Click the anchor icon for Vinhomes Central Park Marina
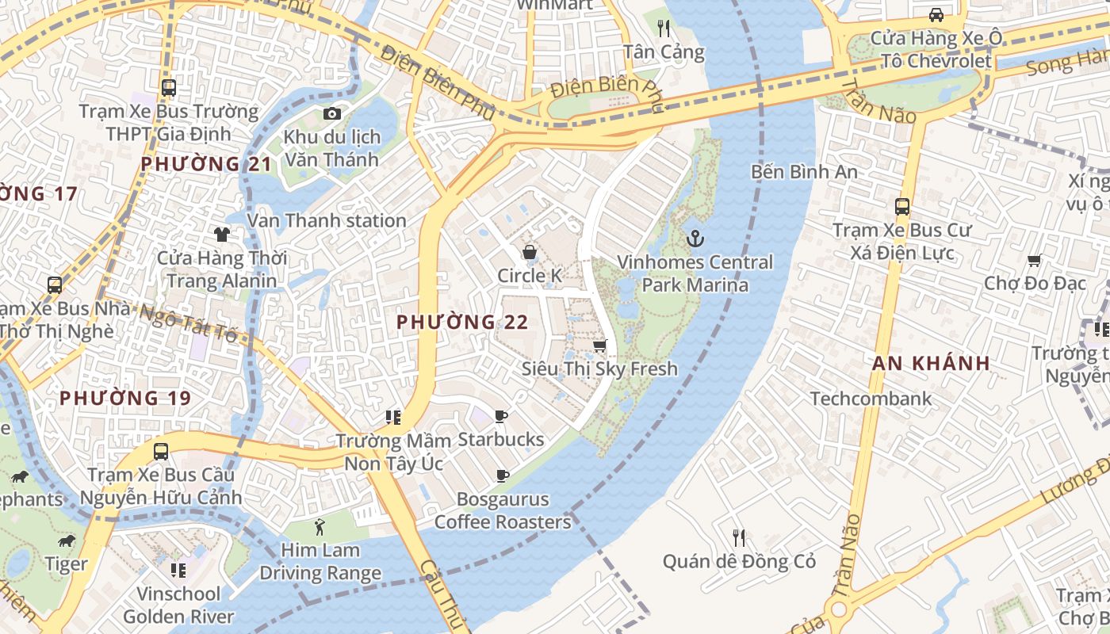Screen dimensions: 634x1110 [695, 237]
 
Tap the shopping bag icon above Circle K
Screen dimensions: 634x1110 [529, 252]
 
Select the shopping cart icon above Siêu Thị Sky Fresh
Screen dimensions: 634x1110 [600, 346]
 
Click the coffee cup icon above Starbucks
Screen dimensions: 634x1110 [500, 416]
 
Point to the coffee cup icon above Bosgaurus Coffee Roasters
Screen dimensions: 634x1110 [502, 475]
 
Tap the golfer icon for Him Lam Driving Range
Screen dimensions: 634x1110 [320, 526]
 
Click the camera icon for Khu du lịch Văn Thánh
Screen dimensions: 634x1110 [332, 114]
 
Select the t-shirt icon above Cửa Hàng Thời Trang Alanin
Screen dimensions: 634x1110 [222, 235]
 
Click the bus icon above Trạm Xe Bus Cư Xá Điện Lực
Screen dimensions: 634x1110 [901, 207]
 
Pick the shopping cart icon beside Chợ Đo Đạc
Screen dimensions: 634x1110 [1034, 260]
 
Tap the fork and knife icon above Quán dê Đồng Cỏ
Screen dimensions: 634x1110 [739, 538]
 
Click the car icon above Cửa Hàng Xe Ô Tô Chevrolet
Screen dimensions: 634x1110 [936, 15]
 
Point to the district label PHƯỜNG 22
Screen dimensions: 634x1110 [462, 323]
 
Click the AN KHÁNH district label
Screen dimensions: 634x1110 [931, 364]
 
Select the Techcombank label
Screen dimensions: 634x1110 [871, 399]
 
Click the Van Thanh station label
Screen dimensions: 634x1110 [327, 221]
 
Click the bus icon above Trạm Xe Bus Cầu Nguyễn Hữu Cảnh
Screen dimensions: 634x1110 [161, 452]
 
